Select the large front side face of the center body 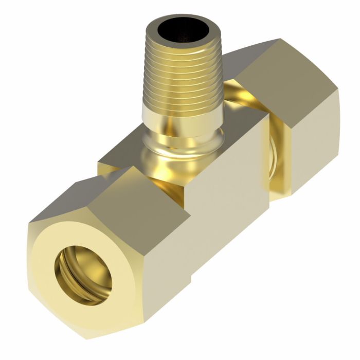(226, 206)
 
